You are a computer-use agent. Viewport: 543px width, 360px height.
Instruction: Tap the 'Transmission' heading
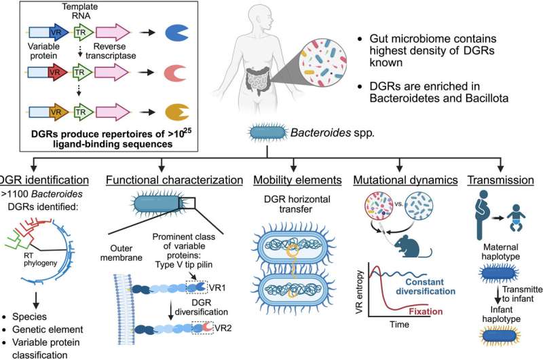pyautogui.click(x=496, y=181)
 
